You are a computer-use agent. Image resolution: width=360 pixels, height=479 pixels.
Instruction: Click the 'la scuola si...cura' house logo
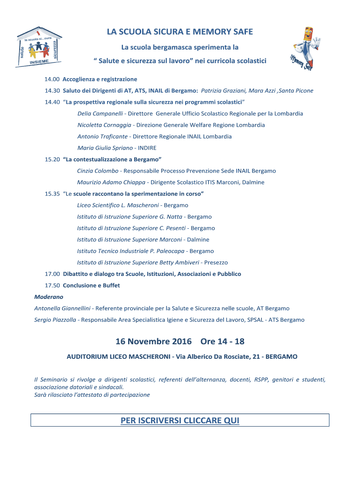[40, 47]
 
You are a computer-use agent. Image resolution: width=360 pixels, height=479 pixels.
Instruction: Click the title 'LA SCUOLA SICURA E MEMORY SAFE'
[180, 32]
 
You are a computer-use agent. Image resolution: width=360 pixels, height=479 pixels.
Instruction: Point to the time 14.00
[52, 80]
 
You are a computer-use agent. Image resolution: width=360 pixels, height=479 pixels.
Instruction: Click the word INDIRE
[147, 148]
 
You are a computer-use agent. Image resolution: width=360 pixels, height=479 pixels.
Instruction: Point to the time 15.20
[52, 160]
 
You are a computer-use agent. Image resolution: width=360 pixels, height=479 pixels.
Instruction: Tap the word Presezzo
[216, 262]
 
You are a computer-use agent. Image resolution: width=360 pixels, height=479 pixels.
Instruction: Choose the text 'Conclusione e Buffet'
[91, 285]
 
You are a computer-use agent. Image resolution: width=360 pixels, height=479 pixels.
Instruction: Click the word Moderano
[49, 297]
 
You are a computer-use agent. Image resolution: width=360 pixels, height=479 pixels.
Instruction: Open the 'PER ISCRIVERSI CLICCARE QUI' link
[180, 421]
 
